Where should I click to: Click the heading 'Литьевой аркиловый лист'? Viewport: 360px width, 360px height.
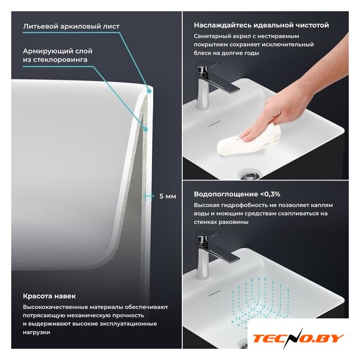[71, 26]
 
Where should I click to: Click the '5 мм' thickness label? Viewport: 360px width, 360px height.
[168, 196]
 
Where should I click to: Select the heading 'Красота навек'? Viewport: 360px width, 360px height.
[49, 296]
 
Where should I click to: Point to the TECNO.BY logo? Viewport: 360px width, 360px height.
[298, 339]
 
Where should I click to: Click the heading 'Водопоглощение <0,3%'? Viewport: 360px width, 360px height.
[237, 194]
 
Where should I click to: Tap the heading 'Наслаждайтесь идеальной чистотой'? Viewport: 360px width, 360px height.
[261, 25]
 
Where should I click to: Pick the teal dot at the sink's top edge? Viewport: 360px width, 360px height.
[149, 91]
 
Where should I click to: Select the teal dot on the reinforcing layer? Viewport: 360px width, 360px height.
[145, 129]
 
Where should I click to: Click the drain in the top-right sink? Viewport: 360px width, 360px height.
[249, 175]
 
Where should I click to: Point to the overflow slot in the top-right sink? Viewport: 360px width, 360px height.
[214, 124]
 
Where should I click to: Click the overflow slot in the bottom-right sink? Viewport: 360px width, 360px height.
[214, 293]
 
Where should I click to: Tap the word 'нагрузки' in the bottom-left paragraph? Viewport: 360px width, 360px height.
[37, 332]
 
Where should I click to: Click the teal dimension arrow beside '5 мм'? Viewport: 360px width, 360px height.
[148, 196]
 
